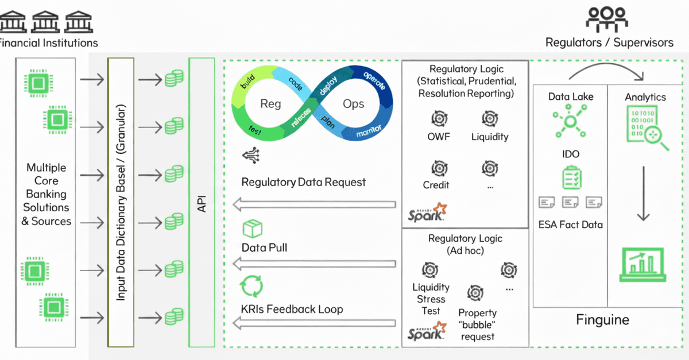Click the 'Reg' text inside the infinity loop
coord(270,103)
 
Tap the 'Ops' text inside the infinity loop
coord(353,103)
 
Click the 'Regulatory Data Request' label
coord(303,182)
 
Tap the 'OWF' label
coord(439,137)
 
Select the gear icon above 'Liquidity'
coord(489,118)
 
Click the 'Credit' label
coord(436,185)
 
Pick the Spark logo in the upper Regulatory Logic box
coord(428,212)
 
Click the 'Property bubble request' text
coord(477,324)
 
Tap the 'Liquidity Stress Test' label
coord(431,299)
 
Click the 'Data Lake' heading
coord(571,96)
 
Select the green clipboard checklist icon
coord(571,178)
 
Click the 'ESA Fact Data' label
coord(571,224)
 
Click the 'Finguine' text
coord(602,320)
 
